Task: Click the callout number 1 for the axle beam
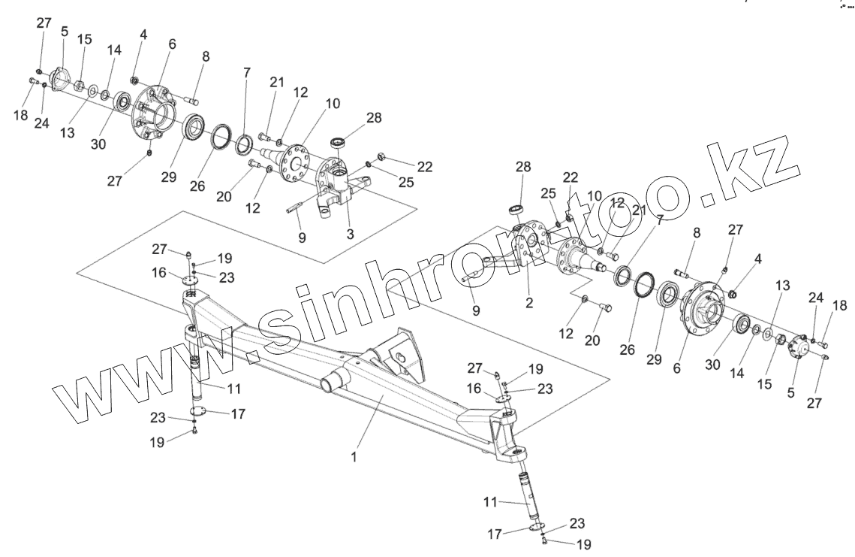pos(354,456)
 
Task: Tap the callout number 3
pos(350,234)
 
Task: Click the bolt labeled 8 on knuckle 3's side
pos(193,98)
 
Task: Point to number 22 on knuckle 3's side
pos(424,167)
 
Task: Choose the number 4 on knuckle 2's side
pos(758,259)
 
